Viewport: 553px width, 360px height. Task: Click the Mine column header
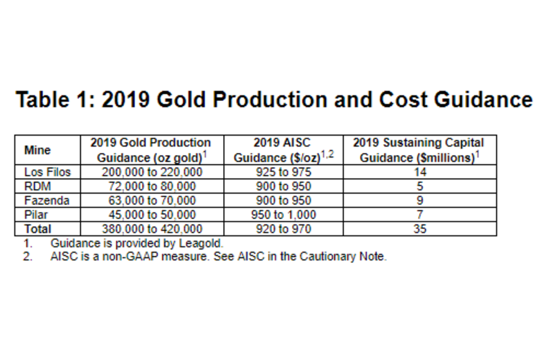pos(37,150)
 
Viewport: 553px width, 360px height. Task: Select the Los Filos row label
pos(47,172)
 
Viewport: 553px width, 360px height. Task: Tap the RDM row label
pos(37,186)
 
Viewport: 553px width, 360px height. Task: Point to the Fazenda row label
pos(46,201)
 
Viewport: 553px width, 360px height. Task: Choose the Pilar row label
pos(35,215)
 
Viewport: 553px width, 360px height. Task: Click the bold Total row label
pos(38,229)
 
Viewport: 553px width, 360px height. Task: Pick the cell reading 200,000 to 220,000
pos(152,172)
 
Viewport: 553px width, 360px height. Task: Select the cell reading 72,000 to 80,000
pos(152,186)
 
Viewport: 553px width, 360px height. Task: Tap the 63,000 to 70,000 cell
pos(152,201)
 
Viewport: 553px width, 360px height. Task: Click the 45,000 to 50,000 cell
pos(152,215)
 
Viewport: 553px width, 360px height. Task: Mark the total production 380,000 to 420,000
pos(152,229)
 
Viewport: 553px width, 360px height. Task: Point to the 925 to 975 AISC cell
pos(284,172)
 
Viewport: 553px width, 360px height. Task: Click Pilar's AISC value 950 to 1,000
pos(284,215)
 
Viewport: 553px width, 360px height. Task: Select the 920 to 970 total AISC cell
pos(284,229)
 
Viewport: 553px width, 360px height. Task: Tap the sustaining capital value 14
pos(420,172)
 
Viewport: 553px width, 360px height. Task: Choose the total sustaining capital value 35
pos(420,229)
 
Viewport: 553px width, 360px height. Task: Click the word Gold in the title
pos(181,99)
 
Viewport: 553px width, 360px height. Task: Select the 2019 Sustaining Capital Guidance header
pos(419,150)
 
